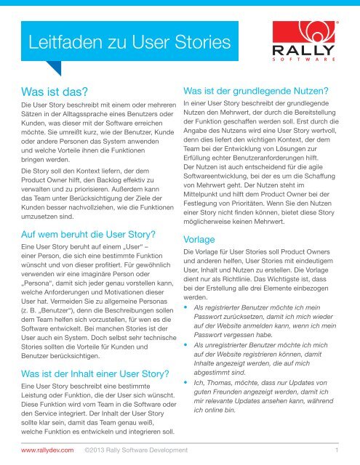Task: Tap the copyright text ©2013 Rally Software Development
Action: point(136,450)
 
